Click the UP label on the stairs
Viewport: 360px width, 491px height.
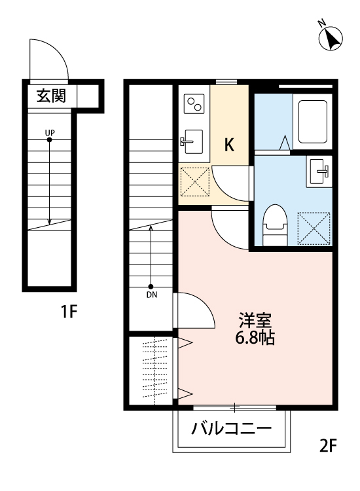pyautogui.click(x=50, y=133)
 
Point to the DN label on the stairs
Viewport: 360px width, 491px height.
pyautogui.click(x=151, y=295)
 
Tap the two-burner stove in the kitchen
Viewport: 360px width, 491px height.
pyautogui.click(x=194, y=103)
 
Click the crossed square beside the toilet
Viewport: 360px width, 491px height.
pyautogui.click(x=312, y=227)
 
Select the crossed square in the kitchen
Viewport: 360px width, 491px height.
pyautogui.click(x=194, y=181)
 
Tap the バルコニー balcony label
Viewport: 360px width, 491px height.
pyautogui.click(x=231, y=430)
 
